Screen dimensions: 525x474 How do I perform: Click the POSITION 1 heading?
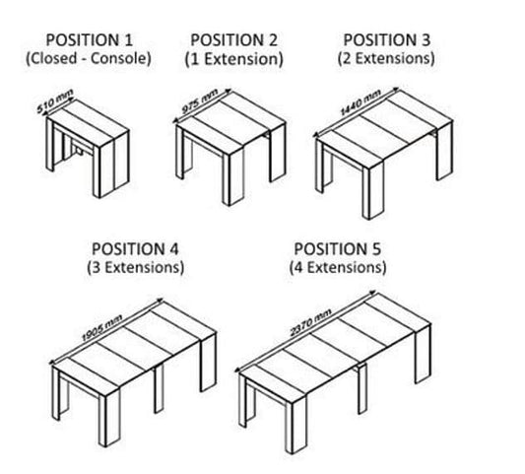(x=89, y=40)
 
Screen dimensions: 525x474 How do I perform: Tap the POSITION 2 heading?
(x=233, y=40)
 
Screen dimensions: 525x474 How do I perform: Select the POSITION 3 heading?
(x=386, y=39)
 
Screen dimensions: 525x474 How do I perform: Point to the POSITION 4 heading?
(x=135, y=249)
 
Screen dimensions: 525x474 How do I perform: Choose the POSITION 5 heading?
(x=337, y=249)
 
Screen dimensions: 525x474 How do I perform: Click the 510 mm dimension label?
(x=55, y=101)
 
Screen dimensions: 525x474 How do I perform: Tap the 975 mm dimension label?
(x=200, y=102)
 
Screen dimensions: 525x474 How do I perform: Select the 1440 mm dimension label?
(x=361, y=102)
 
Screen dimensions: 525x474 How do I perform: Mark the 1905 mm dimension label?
(x=102, y=328)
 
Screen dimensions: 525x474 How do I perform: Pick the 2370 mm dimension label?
(x=310, y=322)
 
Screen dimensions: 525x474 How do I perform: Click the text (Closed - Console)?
(x=89, y=58)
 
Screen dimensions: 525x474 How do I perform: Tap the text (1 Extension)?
(x=234, y=59)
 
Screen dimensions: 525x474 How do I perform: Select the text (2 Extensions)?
(x=386, y=58)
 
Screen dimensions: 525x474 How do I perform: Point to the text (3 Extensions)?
(x=136, y=268)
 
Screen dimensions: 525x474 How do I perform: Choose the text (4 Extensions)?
(x=338, y=268)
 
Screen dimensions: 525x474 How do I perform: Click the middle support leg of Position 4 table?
(x=159, y=388)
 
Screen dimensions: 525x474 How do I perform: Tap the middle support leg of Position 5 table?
(x=361, y=388)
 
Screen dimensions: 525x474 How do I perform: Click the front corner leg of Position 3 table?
(x=372, y=191)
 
